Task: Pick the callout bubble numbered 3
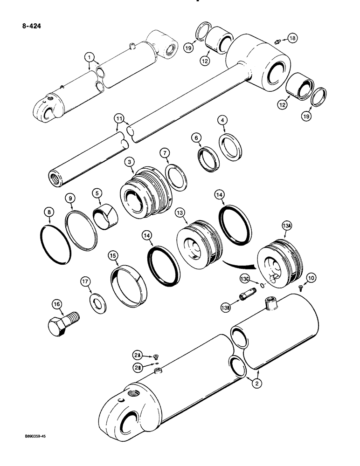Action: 129,162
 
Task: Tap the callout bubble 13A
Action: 286,226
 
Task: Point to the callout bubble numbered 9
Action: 70,199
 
